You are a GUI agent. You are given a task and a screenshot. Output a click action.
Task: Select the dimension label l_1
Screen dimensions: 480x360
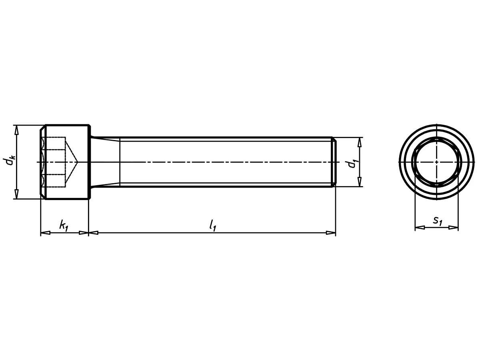click(212, 225)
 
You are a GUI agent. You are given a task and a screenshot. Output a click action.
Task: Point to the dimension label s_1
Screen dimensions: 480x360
click(438, 221)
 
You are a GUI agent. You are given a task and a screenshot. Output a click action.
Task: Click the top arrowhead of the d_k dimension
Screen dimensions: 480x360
click(16, 130)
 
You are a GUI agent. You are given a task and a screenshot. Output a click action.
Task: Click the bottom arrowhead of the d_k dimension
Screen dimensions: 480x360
click(16, 194)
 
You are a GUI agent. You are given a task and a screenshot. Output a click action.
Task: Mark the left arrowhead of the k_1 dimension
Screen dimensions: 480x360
click(46, 232)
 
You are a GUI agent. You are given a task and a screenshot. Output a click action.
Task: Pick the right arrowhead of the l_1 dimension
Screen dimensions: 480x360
click(331, 232)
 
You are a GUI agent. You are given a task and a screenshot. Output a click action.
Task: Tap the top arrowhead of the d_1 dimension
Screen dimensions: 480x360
click(359, 142)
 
